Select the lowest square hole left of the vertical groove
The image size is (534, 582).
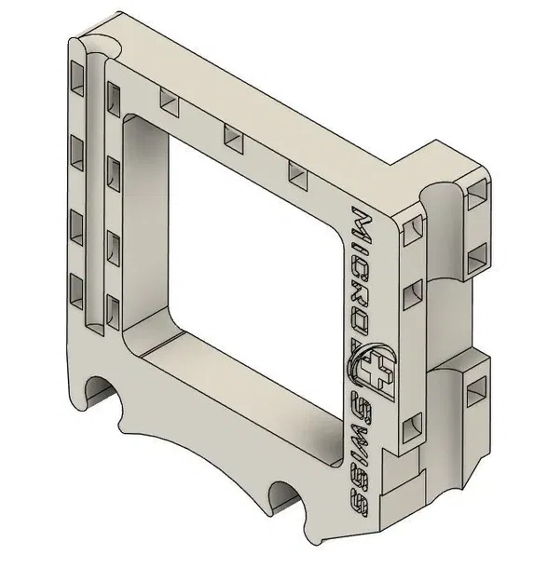75,285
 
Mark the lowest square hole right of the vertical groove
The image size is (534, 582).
114,306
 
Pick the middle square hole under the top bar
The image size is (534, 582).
232,139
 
